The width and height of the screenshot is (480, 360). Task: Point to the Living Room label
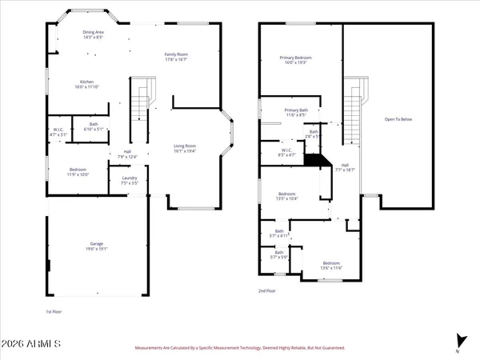tap(191, 148)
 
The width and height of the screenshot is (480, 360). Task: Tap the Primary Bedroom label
tap(295, 61)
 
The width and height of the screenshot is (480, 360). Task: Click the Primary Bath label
tap(295, 113)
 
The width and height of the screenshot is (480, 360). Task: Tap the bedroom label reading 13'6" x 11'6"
tap(331, 266)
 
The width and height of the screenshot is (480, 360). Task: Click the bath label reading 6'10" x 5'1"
tap(94, 126)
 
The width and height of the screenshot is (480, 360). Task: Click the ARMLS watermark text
tap(32, 345)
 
